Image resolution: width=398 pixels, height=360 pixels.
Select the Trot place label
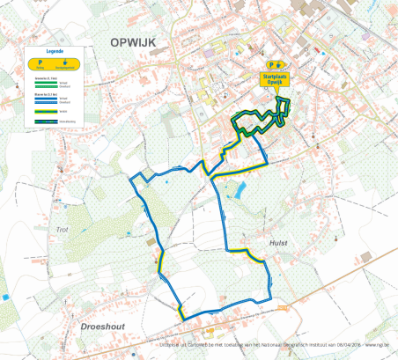62,230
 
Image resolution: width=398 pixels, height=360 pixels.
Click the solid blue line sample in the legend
46,98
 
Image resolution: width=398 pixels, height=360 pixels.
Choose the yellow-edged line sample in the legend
46,112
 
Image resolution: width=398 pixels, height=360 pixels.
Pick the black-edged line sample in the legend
46,121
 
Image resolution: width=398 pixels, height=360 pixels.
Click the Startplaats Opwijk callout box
276,80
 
